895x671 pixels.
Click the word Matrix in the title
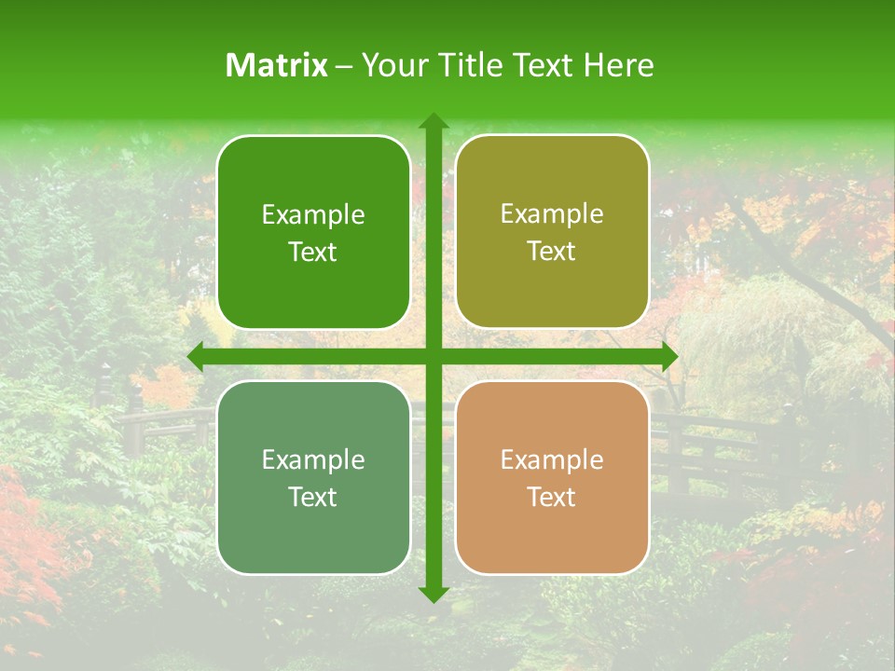pyautogui.click(x=277, y=65)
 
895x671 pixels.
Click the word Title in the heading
pyautogui.click(x=467, y=65)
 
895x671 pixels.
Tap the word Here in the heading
pyautogui.click(x=619, y=65)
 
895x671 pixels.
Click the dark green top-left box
pyautogui.click(x=313, y=233)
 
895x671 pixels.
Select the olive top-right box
pyautogui.click(x=552, y=233)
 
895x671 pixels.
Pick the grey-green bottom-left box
pyautogui.click(x=313, y=478)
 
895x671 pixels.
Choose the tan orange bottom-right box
pyautogui.click(x=552, y=478)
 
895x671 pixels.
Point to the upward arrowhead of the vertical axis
pyautogui.click(x=433, y=122)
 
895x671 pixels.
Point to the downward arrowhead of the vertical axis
pyautogui.click(x=433, y=594)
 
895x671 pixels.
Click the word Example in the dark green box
pyautogui.click(x=313, y=215)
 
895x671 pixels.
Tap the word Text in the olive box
pyautogui.click(x=552, y=252)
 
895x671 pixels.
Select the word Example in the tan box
pyautogui.click(x=552, y=459)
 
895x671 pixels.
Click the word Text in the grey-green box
pyautogui.click(x=313, y=497)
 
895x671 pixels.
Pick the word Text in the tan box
pyautogui.click(x=552, y=497)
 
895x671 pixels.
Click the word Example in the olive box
pyautogui.click(x=552, y=214)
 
